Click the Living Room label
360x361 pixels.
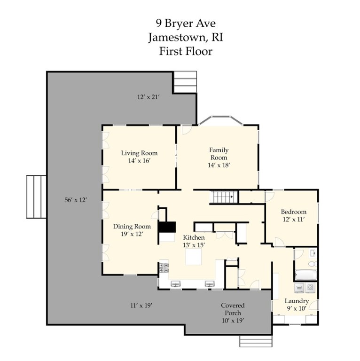139,153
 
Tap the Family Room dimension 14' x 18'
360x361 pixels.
219,165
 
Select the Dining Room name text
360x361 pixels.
132,226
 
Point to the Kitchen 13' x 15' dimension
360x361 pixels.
194,245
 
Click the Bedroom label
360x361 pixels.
294,212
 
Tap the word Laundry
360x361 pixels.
297,301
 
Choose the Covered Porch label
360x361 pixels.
233,309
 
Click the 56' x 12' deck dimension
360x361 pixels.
76,199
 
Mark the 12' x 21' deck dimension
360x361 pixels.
149,97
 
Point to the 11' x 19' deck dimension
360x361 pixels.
141,306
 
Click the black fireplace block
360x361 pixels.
166,228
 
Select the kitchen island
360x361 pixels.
194,257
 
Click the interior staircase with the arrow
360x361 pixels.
222,197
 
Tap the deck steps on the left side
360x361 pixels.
36,196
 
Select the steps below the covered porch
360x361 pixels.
256,341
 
